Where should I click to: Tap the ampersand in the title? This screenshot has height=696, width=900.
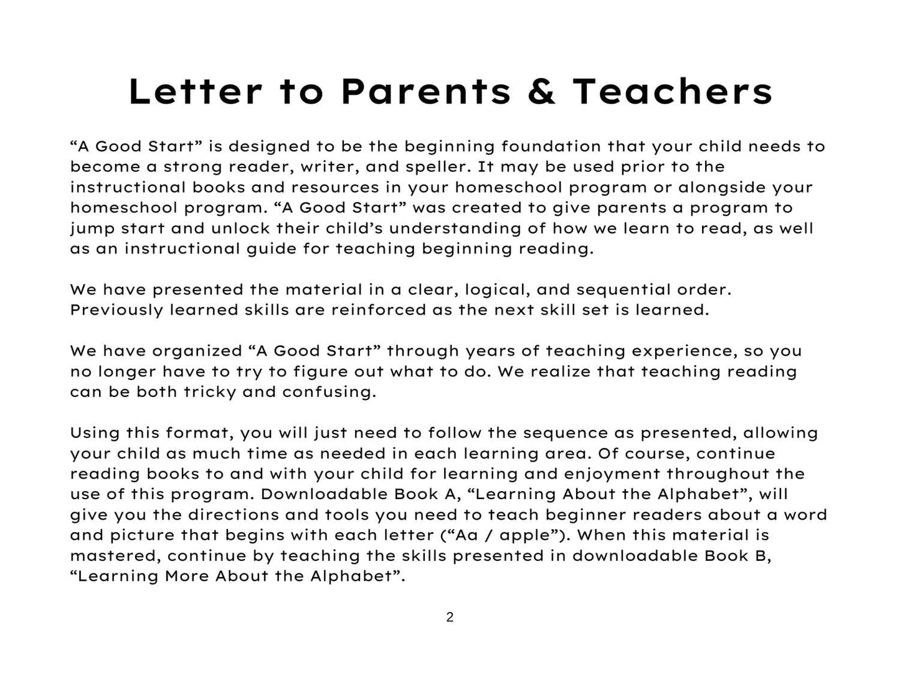(x=541, y=92)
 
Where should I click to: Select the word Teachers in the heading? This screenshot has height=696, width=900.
(x=673, y=92)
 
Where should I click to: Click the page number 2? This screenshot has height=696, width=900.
(x=450, y=617)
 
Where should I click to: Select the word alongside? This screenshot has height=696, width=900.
(x=721, y=188)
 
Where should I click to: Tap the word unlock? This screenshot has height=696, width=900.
(x=240, y=228)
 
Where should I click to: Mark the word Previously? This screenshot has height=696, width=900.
(x=116, y=310)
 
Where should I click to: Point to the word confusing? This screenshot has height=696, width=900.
(x=329, y=392)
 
